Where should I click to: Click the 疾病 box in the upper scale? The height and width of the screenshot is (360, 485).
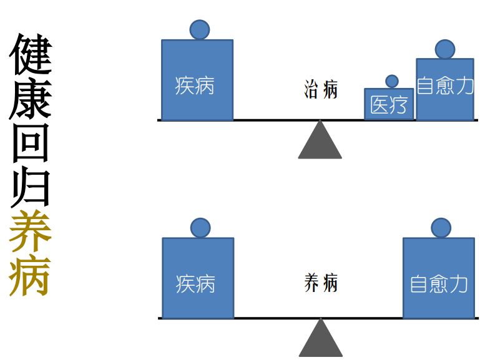(197, 80)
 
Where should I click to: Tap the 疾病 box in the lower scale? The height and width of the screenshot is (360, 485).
(198, 278)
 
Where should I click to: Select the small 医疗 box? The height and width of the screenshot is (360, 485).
(389, 104)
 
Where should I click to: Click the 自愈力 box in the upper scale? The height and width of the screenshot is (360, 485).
(445, 89)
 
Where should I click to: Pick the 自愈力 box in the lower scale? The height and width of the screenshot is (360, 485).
(439, 278)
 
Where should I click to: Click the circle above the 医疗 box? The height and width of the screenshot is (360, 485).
(392, 81)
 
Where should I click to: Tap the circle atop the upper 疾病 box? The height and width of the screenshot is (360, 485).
(200, 29)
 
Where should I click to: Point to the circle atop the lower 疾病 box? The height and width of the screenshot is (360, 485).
(200, 228)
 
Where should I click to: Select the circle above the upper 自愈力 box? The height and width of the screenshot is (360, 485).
(445, 49)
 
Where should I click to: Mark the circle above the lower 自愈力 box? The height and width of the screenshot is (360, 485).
(441, 228)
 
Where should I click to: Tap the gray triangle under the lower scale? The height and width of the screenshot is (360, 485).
(321, 341)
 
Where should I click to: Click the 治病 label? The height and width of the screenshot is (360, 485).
(321, 89)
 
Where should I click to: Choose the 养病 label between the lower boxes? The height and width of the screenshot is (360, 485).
(321, 283)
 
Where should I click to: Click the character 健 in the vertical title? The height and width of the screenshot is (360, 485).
(30, 54)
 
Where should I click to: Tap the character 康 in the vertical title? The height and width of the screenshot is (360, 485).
(30, 100)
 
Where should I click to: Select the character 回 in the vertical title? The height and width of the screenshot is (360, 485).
(30, 145)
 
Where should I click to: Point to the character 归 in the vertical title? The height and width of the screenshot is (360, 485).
(30, 188)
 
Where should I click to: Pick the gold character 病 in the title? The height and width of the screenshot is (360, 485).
(30, 275)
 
